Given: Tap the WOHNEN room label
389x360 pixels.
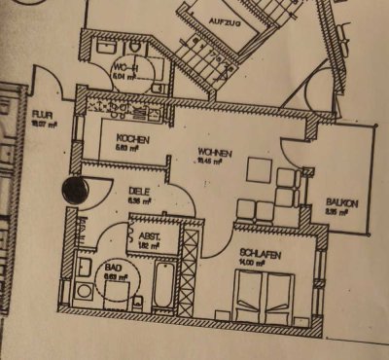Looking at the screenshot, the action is tap(215, 151).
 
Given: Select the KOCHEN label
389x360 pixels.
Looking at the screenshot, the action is tap(131, 139).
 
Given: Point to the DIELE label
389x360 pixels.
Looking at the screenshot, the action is tap(136, 191).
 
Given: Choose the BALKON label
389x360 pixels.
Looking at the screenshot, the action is tap(343, 202).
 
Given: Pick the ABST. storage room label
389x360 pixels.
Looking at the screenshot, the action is tap(150, 236).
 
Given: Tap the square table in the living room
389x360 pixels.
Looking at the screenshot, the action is tap(259, 170).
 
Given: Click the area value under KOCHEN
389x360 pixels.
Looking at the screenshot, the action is tap(130, 149).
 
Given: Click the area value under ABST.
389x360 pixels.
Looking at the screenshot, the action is tap(149, 246).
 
